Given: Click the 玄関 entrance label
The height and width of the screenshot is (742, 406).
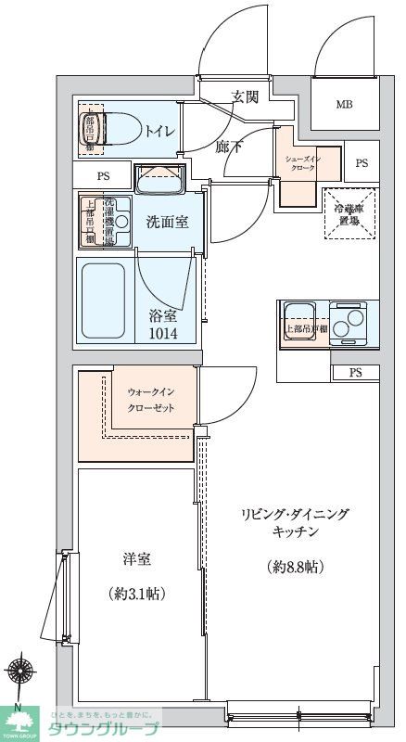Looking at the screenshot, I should (245, 96).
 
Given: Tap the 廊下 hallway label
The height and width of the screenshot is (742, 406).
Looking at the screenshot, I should (230, 145).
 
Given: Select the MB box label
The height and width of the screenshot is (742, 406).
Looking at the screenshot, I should (344, 104).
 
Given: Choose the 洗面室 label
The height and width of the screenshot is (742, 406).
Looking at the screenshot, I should (168, 223).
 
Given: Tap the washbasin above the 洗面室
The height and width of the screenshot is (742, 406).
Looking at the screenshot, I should (159, 178).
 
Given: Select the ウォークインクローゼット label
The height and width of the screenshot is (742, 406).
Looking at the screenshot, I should (150, 401).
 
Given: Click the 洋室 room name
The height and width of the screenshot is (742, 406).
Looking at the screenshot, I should (137, 560).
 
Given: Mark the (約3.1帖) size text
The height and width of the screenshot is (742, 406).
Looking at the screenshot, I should (137, 593).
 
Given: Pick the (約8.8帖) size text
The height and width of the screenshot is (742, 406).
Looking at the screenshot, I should (297, 566).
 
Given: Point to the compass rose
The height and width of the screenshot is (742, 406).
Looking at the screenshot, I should (22, 671).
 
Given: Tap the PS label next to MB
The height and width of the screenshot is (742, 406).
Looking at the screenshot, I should (361, 163).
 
